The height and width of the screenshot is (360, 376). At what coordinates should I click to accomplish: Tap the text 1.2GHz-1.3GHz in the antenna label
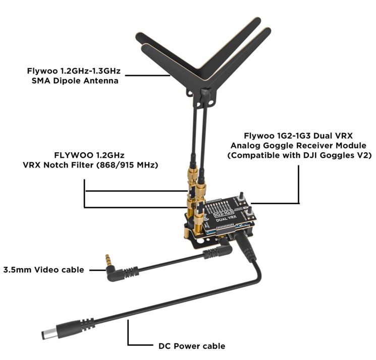90,71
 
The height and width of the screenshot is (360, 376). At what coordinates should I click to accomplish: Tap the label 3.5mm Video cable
43,270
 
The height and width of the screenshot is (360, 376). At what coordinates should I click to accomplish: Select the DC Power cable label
188,346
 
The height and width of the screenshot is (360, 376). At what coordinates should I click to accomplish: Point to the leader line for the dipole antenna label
146,76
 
